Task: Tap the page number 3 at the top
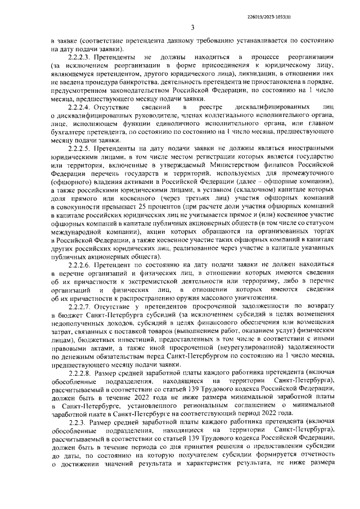pos(192,27)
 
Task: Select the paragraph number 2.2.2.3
pos(82,58)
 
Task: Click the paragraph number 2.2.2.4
pos(82,107)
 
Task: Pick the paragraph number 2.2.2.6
pos(82,264)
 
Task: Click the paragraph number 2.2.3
pos(78,422)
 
